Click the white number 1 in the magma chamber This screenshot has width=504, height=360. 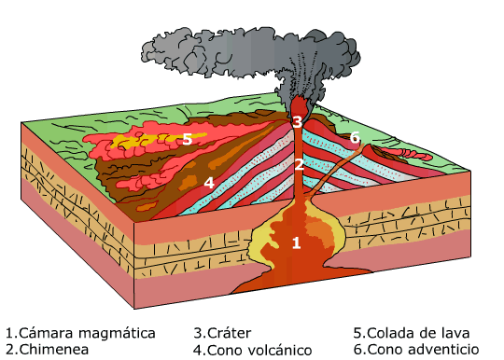coord(296,243)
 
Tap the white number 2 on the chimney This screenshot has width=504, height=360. coord(298,165)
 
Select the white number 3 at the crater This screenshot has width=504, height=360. coord(297,122)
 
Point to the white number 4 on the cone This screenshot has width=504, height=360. coord(209,182)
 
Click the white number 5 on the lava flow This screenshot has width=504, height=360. coord(187,139)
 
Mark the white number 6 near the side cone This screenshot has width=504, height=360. coord(355,138)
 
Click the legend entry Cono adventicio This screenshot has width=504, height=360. coord(415,350)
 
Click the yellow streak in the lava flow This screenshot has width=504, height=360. coord(140,142)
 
